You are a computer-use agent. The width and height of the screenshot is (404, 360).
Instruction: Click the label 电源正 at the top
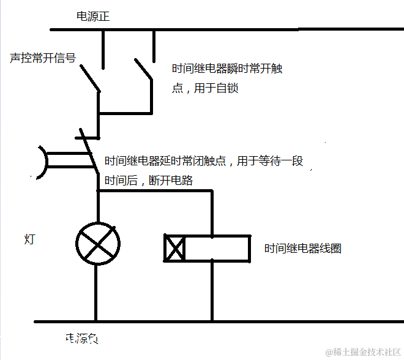pos(92,17)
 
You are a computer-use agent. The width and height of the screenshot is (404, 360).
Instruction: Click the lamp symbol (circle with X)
pos(97,243)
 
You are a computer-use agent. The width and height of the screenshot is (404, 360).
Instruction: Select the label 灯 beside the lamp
pos(29,239)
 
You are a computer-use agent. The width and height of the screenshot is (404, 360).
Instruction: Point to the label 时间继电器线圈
pos(302,249)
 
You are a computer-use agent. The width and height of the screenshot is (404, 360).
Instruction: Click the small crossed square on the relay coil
pos(174,248)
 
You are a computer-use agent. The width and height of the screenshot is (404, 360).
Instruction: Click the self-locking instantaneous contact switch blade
pos(143,69)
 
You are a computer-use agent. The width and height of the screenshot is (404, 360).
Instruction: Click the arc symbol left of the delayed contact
pos(42,163)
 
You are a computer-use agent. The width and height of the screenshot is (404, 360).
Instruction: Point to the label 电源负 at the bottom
pos(81,338)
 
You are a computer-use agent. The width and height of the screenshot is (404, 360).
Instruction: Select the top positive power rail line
pos(245,29)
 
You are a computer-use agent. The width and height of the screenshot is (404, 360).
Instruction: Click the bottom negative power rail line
pos(245,321)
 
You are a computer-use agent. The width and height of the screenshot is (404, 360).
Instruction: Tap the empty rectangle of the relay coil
pos(217,248)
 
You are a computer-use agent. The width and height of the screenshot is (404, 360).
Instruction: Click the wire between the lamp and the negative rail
pos(97,294)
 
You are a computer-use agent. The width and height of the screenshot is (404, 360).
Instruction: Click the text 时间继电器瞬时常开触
pos(227,69)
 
